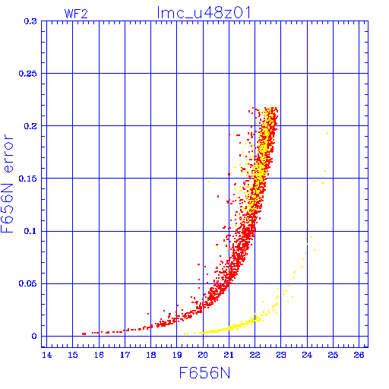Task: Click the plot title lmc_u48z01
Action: pos(204,13)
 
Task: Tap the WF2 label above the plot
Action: pos(76,14)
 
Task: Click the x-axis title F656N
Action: pos(204,373)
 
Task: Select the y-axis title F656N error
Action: pos(7,183)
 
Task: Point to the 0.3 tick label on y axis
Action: pos(30,21)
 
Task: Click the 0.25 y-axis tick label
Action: pos(27,74)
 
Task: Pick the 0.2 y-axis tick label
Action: pos(30,126)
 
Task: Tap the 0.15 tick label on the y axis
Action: pos(27,179)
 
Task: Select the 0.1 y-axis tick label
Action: pos(30,231)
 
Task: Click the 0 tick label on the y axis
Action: pos(34,337)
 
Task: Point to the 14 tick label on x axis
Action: pos(47,355)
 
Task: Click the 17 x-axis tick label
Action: pos(125,355)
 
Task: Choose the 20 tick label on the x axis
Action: pos(203,355)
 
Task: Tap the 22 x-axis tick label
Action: pos(255,355)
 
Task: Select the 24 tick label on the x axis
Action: pos(307,355)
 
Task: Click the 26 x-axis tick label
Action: pos(359,355)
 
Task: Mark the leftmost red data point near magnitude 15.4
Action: pos(84,334)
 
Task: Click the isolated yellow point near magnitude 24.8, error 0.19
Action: pos(327,133)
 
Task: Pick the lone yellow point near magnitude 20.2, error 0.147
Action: pos(209,182)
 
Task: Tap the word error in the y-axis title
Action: pos(8,153)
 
